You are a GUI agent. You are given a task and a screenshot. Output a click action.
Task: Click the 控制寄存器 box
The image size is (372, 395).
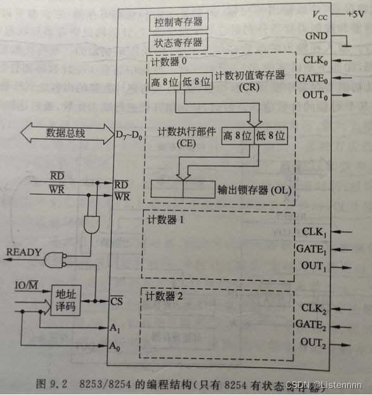[178, 22]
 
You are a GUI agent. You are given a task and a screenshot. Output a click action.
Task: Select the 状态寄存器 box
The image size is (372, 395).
[178, 43]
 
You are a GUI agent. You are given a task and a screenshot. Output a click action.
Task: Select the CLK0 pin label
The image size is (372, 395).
[314, 61]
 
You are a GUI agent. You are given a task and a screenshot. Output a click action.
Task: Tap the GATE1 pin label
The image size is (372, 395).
[311, 249]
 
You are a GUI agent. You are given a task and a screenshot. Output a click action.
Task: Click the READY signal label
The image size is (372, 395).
[23, 252]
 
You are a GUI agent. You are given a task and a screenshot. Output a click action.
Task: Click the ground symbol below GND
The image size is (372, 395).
[346, 45]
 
